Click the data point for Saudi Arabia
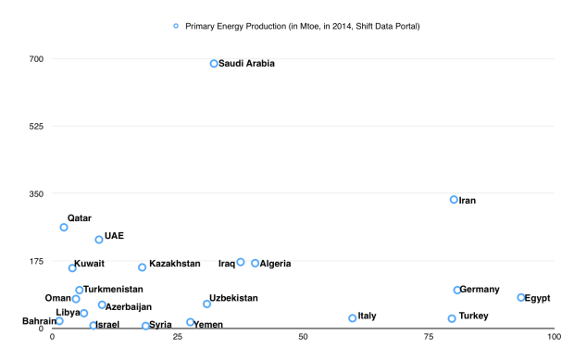point(214,64)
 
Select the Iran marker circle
point(454,200)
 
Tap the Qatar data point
point(64,228)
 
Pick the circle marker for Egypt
point(521,298)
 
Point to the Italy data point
point(353,318)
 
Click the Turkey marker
point(452,318)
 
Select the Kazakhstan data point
point(143,267)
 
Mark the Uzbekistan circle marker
point(207,304)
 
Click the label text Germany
point(480,290)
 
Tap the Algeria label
point(275,264)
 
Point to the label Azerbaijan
point(129,306)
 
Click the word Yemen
point(208,325)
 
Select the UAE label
point(114,236)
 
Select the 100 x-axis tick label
point(553,337)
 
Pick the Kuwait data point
point(72,268)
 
